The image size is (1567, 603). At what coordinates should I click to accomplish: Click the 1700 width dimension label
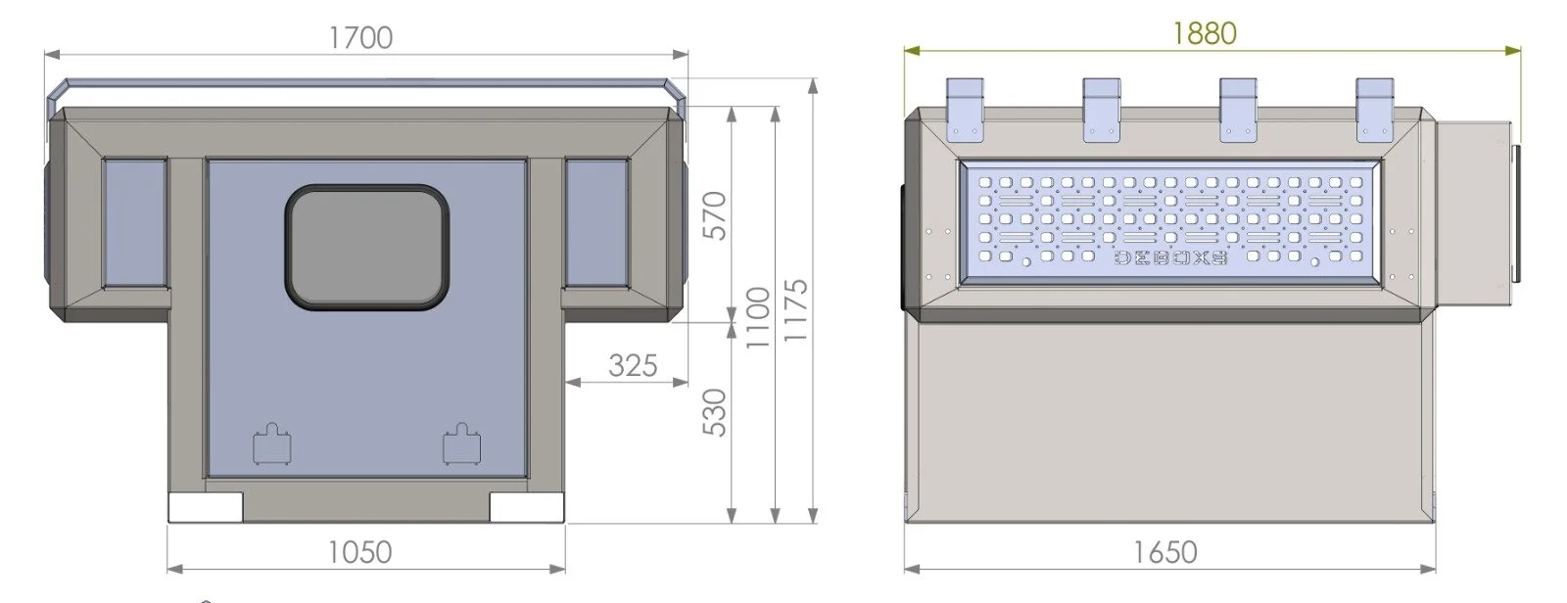pyautogui.click(x=360, y=37)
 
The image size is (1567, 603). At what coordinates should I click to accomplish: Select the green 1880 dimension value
pyautogui.click(x=1204, y=34)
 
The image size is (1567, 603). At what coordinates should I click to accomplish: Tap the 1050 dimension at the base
pyautogui.click(x=359, y=552)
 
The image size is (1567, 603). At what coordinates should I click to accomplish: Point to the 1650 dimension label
pyautogui.click(x=1164, y=552)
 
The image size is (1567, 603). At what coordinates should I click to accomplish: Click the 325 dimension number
pyautogui.click(x=632, y=365)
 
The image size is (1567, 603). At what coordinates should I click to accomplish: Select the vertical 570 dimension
pyautogui.click(x=716, y=216)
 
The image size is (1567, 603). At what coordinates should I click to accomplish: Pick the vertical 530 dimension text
pyautogui.click(x=716, y=412)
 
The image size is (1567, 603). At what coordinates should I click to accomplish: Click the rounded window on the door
pyautogui.click(x=367, y=247)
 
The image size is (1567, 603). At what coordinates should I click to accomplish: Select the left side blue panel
pyautogui.click(x=134, y=222)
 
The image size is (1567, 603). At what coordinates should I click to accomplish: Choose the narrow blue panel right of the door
pyautogui.click(x=595, y=222)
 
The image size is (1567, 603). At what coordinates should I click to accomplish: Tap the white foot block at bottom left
pyautogui.click(x=206, y=506)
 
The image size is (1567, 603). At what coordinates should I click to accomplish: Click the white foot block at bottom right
pyautogui.click(x=527, y=506)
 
